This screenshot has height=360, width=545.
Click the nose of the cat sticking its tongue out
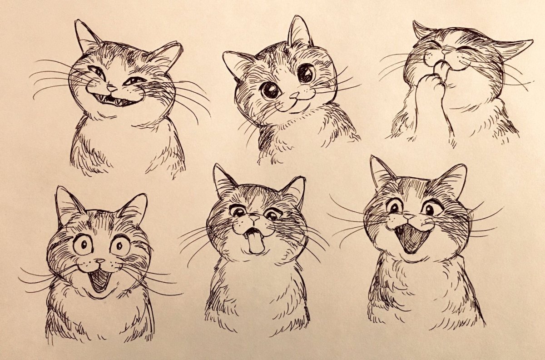(253, 220)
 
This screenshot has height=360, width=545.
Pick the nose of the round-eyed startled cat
(99, 262)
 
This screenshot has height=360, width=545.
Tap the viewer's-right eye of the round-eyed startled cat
(121, 246)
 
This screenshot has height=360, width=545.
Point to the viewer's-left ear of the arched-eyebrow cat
(381, 172)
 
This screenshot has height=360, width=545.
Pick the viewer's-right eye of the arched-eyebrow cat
(429, 209)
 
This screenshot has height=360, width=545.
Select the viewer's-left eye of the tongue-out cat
(237, 211)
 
